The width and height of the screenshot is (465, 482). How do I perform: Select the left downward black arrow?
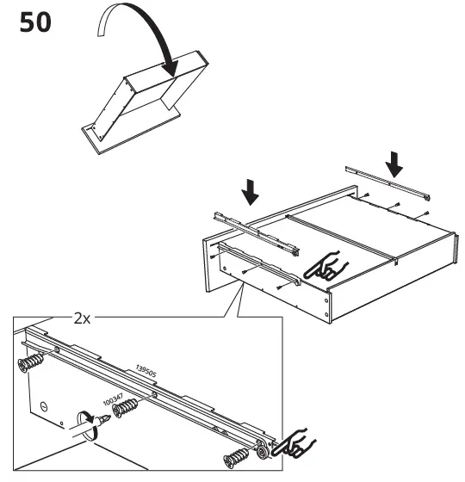251,192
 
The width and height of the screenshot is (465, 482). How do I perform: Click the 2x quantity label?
83,318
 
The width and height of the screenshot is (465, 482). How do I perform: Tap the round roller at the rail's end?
259,453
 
